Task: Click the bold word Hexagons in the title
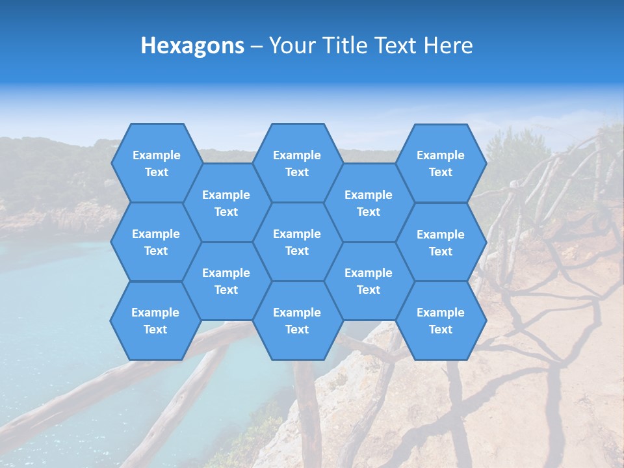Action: coord(192,45)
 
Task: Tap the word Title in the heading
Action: coord(346,45)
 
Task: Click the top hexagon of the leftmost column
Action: coord(156,163)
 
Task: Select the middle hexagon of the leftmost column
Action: coord(156,242)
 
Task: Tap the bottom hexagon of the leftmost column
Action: coord(155,320)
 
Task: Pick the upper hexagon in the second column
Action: coord(226,203)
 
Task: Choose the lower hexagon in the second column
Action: coord(226,281)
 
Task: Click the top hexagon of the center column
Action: coord(297,163)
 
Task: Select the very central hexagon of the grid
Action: coord(297,242)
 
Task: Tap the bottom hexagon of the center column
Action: coord(297,320)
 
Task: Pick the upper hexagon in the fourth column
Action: coord(369,203)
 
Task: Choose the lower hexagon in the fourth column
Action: coord(369,281)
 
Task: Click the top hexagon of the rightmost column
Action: coord(441,163)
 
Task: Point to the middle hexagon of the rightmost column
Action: coord(441,242)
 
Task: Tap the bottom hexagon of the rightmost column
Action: coord(441,320)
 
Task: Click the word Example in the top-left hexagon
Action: coord(156,155)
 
